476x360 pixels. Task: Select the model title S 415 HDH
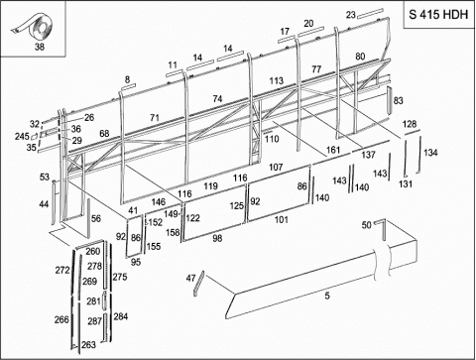(x=438, y=15)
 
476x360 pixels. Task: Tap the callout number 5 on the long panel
(x=327, y=296)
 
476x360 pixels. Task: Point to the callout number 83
(x=399, y=100)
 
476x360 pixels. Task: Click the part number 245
(x=22, y=136)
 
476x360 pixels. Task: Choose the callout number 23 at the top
(x=351, y=15)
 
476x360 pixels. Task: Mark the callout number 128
(x=410, y=124)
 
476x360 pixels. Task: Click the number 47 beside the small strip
(x=190, y=279)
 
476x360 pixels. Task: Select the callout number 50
(x=366, y=225)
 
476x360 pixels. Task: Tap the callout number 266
(x=61, y=319)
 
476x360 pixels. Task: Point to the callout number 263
(x=88, y=345)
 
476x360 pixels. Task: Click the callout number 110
(x=272, y=139)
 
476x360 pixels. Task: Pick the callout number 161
(x=333, y=150)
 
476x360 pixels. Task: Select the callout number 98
(x=217, y=238)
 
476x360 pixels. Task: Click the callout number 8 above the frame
(x=127, y=79)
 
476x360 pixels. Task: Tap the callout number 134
(x=430, y=153)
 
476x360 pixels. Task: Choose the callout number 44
(x=44, y=204)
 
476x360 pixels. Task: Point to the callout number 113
(x=277, y=80)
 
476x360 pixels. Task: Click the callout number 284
(x=121, y=316)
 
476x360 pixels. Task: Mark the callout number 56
(x=96, y=218)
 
